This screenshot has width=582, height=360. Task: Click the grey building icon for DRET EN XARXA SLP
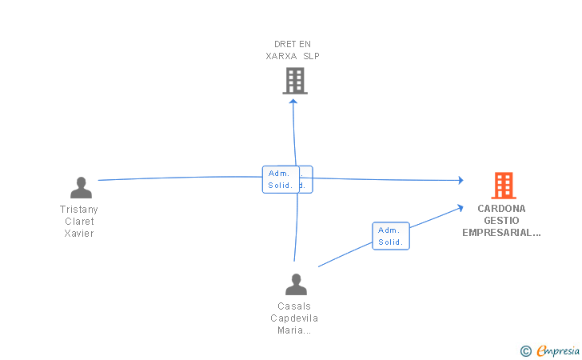295,80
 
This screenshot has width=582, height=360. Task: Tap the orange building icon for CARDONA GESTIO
503,186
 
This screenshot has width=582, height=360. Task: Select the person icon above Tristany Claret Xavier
81,187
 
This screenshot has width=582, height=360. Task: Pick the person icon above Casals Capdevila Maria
296,284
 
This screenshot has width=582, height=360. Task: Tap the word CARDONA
502,208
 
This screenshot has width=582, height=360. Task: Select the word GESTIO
502,221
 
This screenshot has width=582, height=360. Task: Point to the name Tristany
79,209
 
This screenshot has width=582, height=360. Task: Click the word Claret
79,222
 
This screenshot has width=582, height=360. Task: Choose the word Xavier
79,234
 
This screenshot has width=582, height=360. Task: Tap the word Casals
294,306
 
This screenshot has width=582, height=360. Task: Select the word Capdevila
294,318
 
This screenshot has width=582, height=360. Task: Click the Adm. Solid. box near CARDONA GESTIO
391,236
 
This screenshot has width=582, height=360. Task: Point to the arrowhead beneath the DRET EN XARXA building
293,101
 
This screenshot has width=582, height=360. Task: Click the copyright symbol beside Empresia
525,350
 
